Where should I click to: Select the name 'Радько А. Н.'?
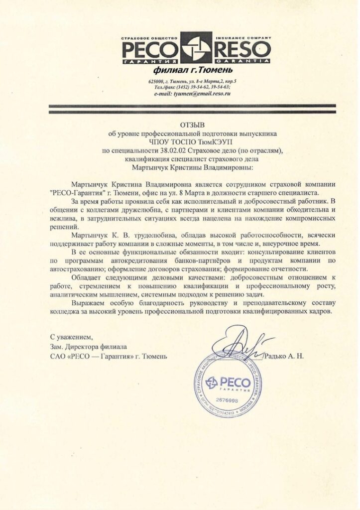click(x=284, y=356)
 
